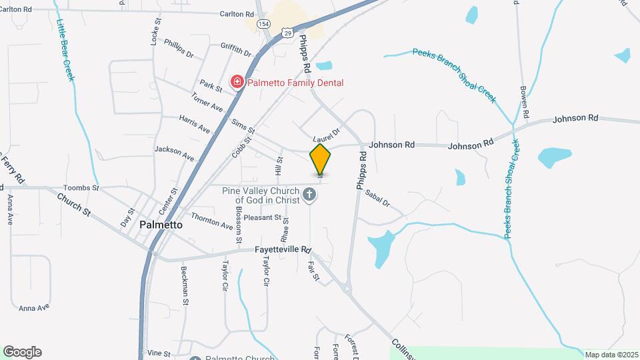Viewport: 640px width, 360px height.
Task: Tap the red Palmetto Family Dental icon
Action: [x=236, y=83]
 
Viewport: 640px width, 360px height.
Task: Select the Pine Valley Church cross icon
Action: [x=309, y=195]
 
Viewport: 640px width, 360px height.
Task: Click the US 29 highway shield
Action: [x=287, y=32]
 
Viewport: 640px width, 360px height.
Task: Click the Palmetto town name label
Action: [x=161, y=225]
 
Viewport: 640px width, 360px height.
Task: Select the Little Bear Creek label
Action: [x=65, y=49]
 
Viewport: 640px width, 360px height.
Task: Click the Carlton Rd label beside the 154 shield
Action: [x=237, y=14]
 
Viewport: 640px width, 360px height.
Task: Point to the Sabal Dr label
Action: [x=377, y=198]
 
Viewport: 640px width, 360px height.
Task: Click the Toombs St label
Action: [x=81, y=189]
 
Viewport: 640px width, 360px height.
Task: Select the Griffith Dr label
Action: [x=235, y=49]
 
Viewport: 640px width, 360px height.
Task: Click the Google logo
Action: [x=22, y=351]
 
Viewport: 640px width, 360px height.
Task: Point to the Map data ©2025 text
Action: [x=610, y=355]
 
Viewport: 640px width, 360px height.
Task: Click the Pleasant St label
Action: [x=262, y=217]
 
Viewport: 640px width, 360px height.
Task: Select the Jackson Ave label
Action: [x=174, y=153]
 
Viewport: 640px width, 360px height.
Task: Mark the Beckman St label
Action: [x=185, y=286]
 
